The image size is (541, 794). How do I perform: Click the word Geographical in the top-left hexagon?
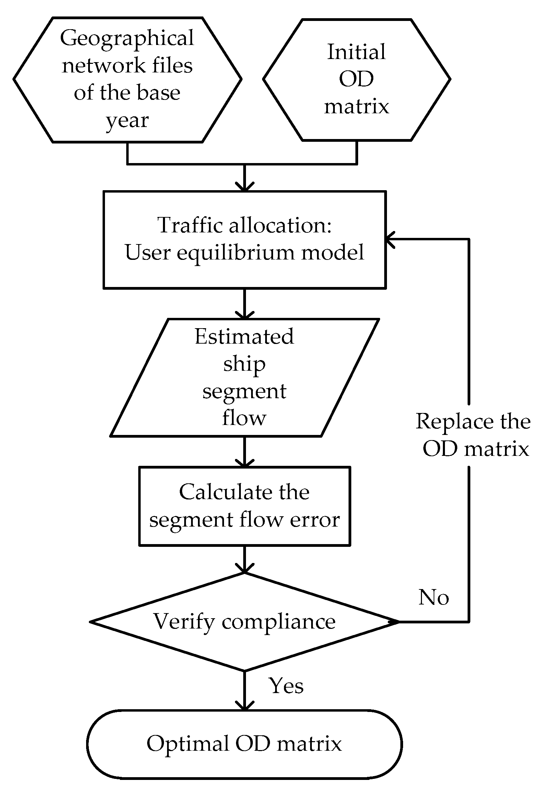point(127,38)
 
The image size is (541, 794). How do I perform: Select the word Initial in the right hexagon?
point(356,52)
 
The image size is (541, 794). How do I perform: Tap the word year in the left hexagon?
point(127,120)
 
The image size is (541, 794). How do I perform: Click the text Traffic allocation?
point(244,226)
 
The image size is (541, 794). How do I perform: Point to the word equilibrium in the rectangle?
point(236,253)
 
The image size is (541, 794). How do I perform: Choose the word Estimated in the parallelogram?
point(244,336)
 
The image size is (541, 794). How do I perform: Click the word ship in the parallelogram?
point(244,364)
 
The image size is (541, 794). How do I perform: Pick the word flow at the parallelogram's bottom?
point(244,418)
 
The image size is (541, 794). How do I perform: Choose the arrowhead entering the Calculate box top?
point(244,462)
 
